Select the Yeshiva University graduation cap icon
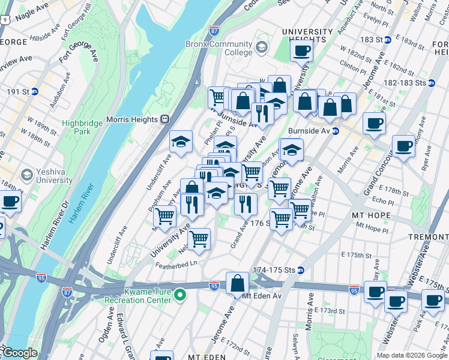coord(26,175)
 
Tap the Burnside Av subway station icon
coord(336,131)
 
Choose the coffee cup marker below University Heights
coord(302,51)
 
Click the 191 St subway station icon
coord(35,92)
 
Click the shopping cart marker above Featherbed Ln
coord(199,239)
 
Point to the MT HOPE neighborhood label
coord(371,215)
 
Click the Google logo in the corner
coord(19,353)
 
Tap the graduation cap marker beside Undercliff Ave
coord(181,142)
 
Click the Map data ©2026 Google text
coord(412,355)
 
